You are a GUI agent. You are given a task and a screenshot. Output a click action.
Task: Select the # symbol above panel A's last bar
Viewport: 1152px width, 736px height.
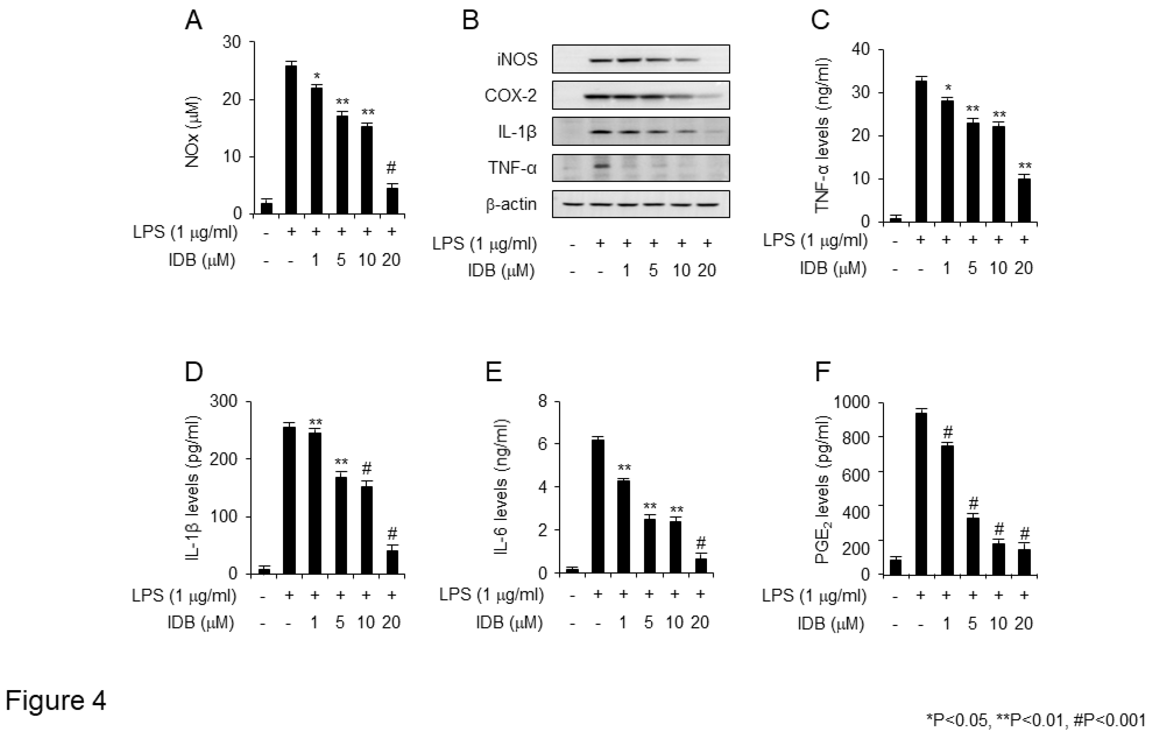tap(391, 168)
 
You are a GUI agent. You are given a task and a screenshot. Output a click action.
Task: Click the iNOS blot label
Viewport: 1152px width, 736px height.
tap(517, 59)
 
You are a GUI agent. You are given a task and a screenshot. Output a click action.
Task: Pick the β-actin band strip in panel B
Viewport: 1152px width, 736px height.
tap(641, 204)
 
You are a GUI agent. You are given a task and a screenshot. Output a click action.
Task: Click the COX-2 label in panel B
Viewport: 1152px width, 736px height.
tap(511, 96)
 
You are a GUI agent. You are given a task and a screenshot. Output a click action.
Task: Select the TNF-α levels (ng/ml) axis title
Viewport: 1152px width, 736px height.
tap(822, 135)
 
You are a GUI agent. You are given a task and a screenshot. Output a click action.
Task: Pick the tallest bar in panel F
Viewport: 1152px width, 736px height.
tap(921, 493)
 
